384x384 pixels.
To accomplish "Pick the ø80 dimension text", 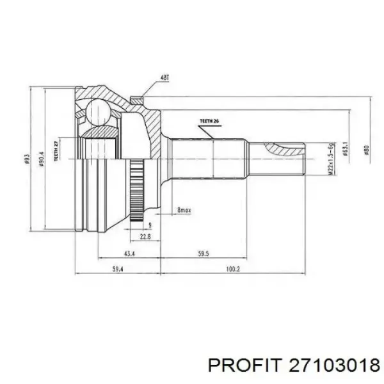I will [365, 151].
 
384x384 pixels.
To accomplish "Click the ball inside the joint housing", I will [98, 113].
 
